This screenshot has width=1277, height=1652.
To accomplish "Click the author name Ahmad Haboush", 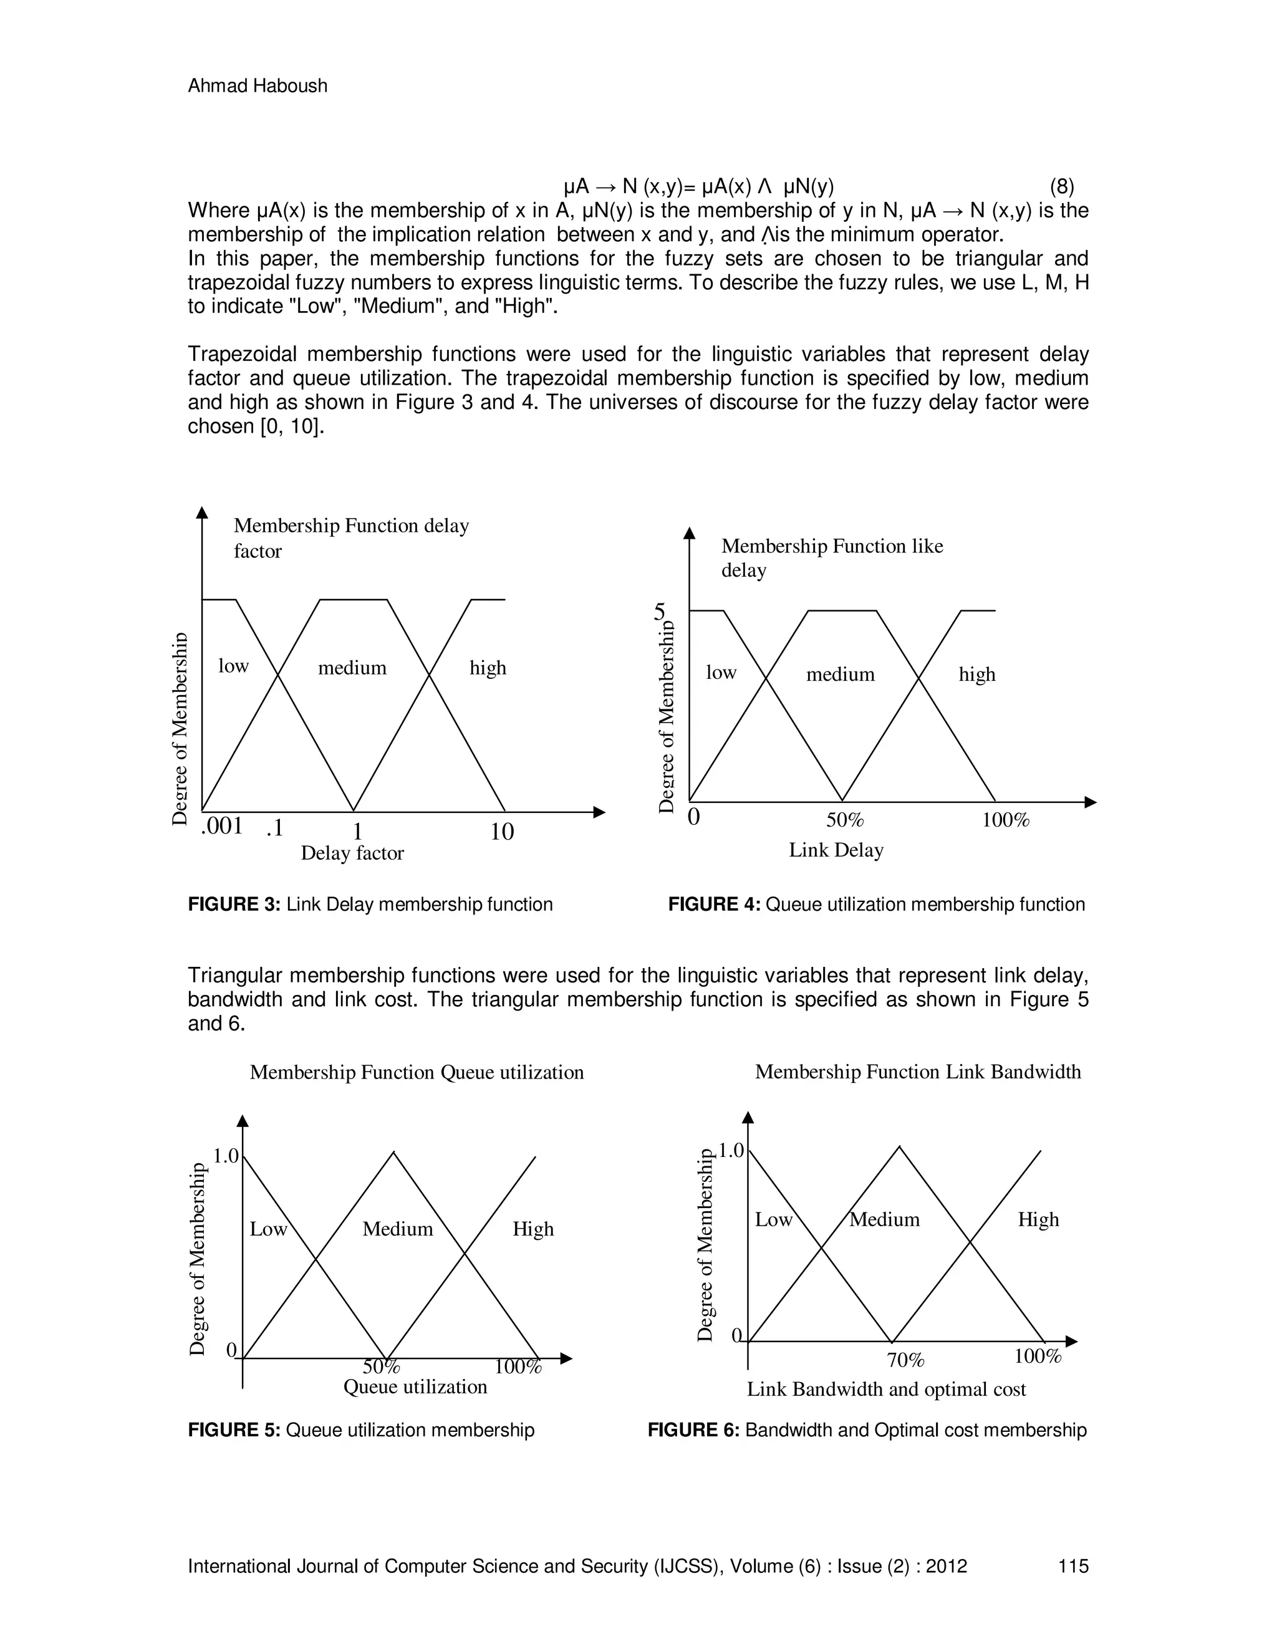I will click(258, 86).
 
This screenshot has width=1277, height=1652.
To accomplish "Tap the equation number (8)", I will click(1062, 186).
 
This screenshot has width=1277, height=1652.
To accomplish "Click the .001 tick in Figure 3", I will click(221, 826).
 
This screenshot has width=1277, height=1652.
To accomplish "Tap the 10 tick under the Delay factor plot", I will click(501, 832).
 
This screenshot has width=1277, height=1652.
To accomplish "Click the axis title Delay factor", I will click(352, 853).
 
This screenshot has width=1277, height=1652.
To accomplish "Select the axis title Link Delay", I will click(836, 850).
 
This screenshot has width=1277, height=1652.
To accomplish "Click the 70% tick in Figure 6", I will click(905, 1360).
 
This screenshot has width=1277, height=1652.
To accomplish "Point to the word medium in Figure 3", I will click(352, 668).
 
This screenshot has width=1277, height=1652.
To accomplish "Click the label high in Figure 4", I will click(976, 675).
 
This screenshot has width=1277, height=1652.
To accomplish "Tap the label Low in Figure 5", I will click(269, 1229).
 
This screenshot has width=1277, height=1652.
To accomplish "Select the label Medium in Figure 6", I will click(884, 1219).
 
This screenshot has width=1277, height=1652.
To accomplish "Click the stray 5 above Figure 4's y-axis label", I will click(660, 611).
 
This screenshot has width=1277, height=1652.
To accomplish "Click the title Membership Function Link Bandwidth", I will click(918, 1072).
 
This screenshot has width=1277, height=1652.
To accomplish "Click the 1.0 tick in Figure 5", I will click(226, 1156).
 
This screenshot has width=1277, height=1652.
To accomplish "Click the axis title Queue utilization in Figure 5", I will click(415, 1386).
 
